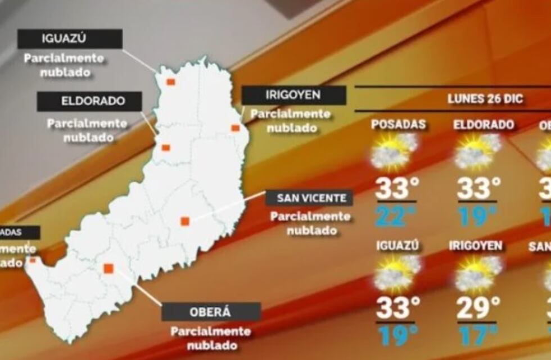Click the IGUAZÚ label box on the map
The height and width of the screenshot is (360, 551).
coord(70,39)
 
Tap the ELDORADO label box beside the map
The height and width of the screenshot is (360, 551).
coord(89,102)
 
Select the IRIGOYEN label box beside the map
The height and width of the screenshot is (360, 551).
coord(293,95)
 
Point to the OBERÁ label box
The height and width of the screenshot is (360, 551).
coord(211,312)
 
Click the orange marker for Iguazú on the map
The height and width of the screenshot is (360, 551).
coord(170,82)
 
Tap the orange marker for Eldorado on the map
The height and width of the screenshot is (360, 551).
coord(166,147)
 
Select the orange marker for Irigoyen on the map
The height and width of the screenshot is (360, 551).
coord(235,128)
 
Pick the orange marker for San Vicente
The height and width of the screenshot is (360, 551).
coord(184,221)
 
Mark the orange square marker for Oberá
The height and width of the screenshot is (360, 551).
coord(109,268)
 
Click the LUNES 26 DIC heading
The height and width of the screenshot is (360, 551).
coord(485,100)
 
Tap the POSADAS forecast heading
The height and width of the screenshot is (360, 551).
coord(398,125)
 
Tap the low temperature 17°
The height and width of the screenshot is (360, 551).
coord(478,335)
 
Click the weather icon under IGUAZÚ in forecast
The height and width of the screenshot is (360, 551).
coord(397,273)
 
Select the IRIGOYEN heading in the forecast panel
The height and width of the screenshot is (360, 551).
coord(476,246)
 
